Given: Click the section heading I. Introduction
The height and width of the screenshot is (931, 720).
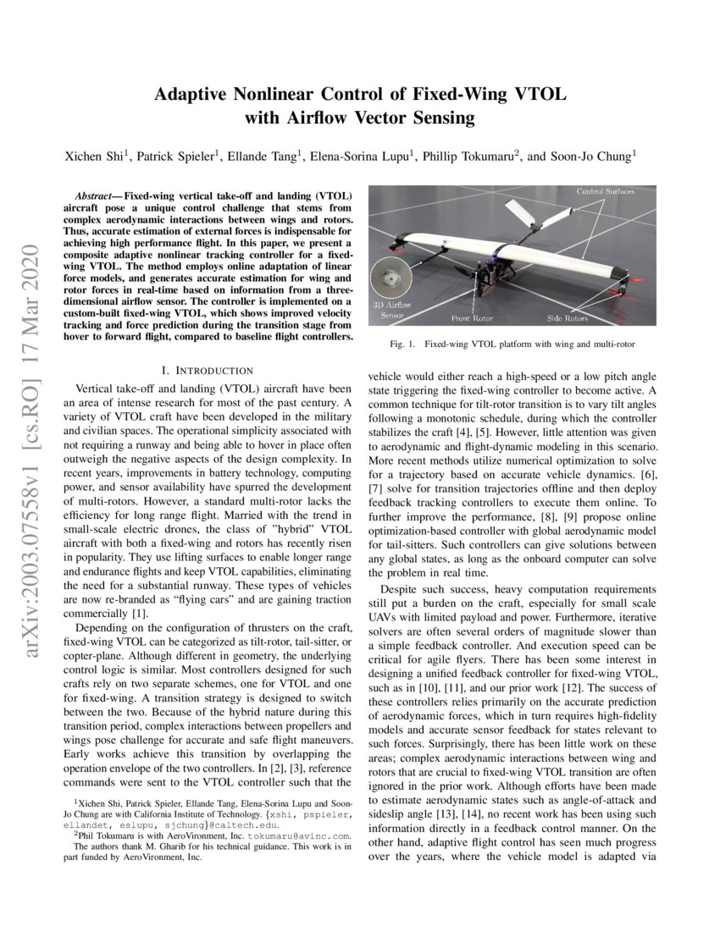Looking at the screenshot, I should (207, 371).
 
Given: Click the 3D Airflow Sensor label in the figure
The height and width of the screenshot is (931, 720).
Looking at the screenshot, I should (391, 309).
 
